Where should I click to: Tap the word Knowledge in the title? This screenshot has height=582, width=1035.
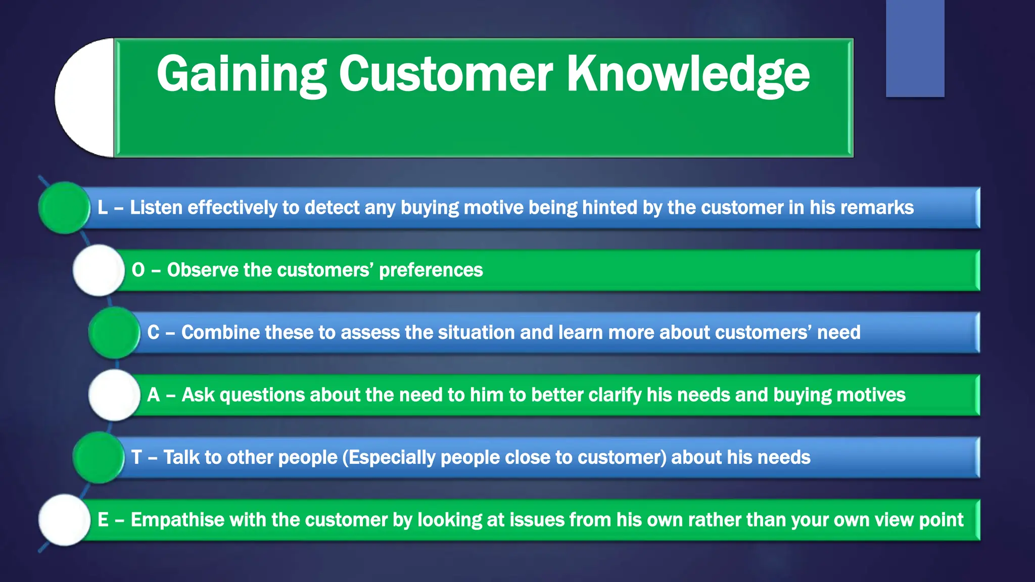pos(688,75)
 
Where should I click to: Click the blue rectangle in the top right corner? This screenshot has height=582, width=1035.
pos(915,48)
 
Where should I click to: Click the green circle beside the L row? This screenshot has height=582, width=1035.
pos(65,208)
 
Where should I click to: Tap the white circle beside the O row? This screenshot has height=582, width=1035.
pos(99,270)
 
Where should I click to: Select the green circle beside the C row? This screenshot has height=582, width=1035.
pos(115,332)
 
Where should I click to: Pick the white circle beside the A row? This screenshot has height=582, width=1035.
pos(115,395)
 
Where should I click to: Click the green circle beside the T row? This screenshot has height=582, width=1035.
pos(99,457)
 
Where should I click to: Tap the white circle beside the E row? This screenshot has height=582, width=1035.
pos(65,520)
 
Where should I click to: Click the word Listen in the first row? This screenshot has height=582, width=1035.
pos(156,208)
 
